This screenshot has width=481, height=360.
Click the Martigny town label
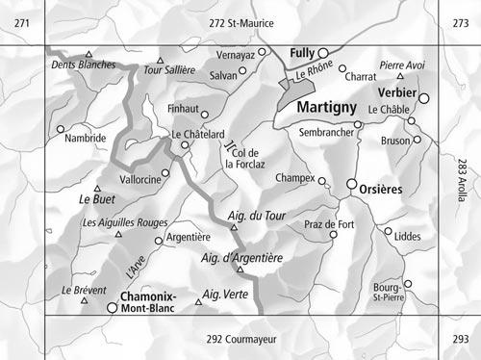click(326, 108)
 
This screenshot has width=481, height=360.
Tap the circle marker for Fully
click(324, 53)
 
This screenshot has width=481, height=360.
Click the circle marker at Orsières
click(352, 183)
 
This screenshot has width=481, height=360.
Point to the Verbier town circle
click(424, 97)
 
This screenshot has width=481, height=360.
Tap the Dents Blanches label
click(84, 64)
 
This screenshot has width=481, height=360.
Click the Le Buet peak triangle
click(97, 189)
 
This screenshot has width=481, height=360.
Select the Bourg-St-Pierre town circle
click(407, 284)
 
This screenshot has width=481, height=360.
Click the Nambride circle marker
click(61, 128)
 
